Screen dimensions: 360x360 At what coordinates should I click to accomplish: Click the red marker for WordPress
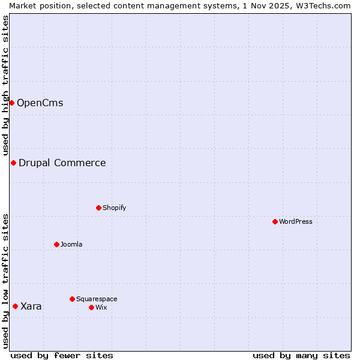tap(275, 221)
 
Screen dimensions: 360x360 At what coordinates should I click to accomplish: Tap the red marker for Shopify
tap(98, 208)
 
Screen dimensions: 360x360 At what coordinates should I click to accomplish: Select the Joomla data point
tap(56, 244)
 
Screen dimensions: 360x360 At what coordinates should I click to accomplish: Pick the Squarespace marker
tap(72, 299)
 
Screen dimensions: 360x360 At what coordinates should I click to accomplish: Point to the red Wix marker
tap(91, 307)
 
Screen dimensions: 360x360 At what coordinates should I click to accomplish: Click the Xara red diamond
tap(15, 306)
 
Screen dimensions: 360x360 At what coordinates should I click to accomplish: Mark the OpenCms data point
tap(11, 103)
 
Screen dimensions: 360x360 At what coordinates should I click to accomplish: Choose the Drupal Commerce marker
tap(13, 163)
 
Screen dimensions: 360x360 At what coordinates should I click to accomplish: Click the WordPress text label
tap(296, 221)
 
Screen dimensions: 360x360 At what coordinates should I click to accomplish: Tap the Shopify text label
tap(114, 208)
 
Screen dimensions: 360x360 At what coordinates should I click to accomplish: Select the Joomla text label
tap(71, 244)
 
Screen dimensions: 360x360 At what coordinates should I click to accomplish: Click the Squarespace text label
tap(97, 299)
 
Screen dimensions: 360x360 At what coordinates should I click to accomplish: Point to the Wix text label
tap(101, 307)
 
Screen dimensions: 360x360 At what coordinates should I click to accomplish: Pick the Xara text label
tap(31, 306)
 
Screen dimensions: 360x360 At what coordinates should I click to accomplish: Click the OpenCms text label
tap(40, 103)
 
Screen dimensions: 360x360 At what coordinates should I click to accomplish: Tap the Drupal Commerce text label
tap(62, 163)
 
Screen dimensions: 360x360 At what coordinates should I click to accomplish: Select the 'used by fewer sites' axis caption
tap(62, 355)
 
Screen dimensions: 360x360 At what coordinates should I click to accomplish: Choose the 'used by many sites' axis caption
tap(301, 355)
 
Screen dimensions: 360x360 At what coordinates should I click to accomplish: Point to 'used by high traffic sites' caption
tap(5, 85)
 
